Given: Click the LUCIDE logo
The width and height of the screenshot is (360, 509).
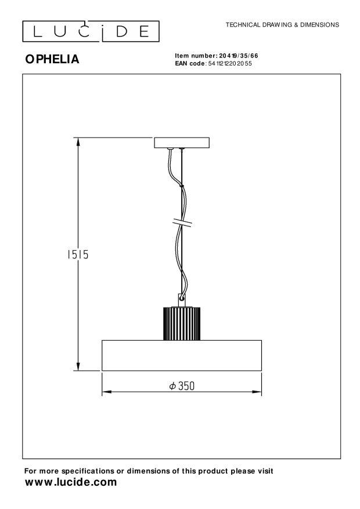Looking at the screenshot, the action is pyautogui.click(x=91, y=31).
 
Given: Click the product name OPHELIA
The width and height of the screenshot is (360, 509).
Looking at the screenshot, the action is pyautogui.click(x=52, y=59).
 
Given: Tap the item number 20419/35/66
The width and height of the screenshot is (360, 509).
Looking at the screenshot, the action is pyautogui.click(x=239, y=56).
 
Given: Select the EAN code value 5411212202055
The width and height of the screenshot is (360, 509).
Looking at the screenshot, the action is pyautogui.click(x=230, y=64).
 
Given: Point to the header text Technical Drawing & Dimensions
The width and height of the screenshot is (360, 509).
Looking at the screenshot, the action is pyautogui.click(x=282, y=25).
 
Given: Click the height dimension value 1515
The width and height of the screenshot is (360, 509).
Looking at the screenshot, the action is pyautogui.click(x=78, y=254).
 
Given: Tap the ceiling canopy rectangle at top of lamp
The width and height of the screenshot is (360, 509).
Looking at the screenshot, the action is pyautogui.click(x=182, y=143).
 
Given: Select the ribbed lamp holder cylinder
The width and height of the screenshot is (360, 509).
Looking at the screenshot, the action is pyautogui.click(x=182, y=324).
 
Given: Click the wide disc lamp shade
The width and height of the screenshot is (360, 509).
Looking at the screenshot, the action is pyautogui.click(x=182, y=355).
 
